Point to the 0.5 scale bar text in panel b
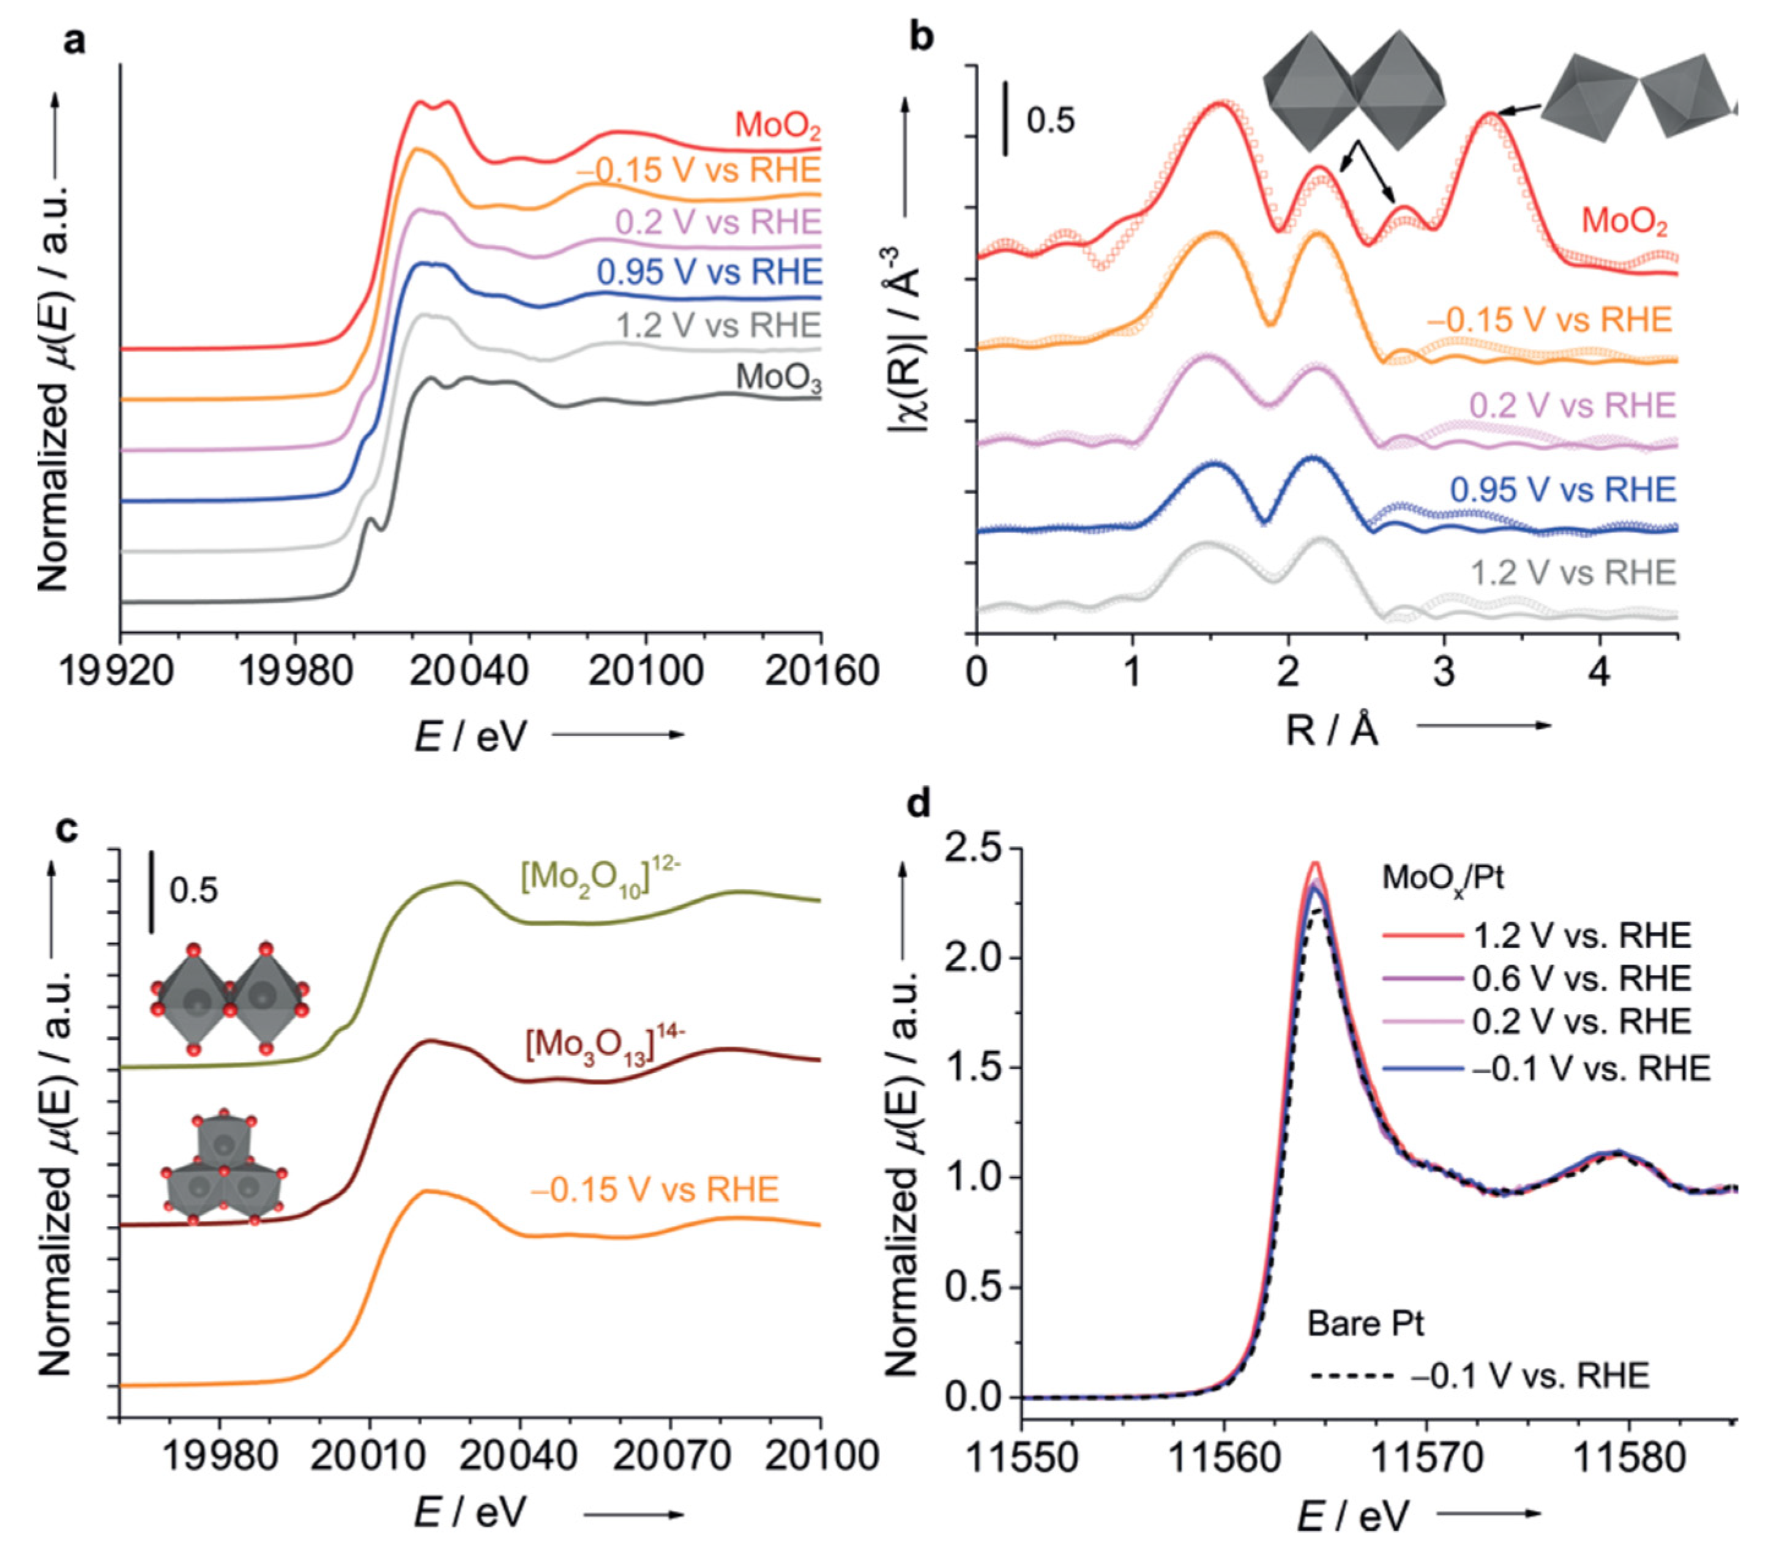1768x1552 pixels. [1050, 120]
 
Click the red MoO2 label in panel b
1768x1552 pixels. [1624, 222]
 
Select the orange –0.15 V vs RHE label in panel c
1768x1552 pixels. [654, 1190]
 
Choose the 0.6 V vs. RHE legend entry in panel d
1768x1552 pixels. [1580, 979]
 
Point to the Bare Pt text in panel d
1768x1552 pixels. [1365, 1324]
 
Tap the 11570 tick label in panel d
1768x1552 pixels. [1425, 1458]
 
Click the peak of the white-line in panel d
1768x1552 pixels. [1315, 865]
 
